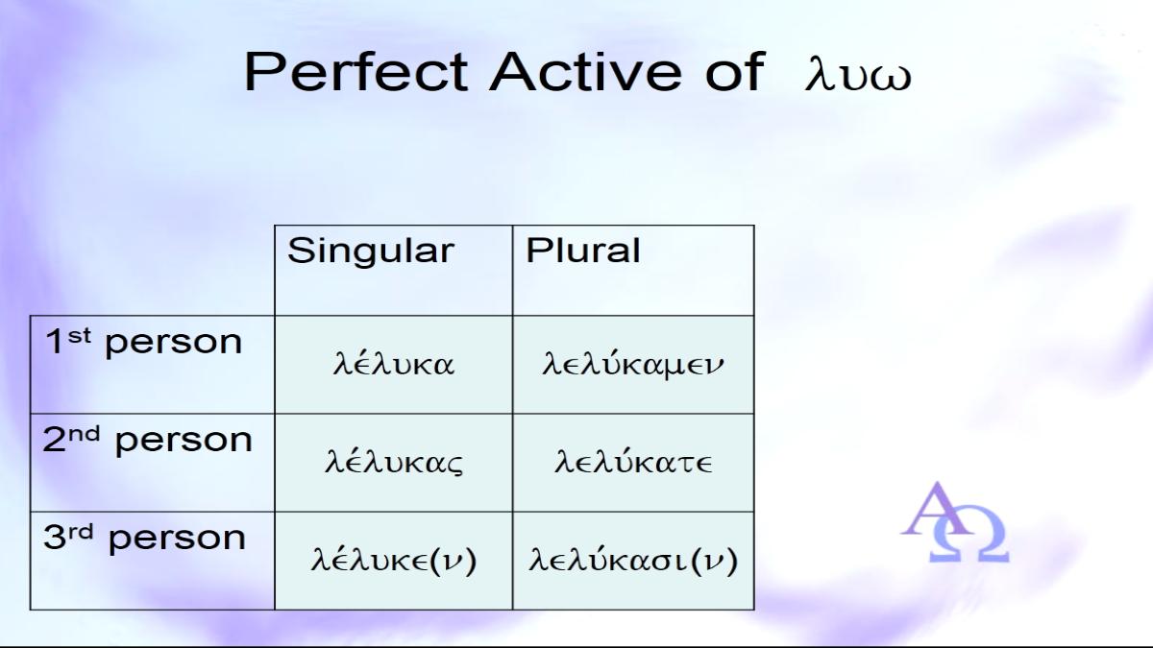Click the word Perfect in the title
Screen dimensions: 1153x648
click(x=356, y=71)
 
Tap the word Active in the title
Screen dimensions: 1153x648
click(x=586, y=71)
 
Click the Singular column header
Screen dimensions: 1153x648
click(x=371, y=251)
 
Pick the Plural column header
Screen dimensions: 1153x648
click(x=582, y=251)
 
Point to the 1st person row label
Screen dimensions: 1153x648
click(x=143, y=342)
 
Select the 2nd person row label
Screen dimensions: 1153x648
click(x=148, y=440)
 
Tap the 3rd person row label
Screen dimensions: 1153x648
click(x=145, y=538)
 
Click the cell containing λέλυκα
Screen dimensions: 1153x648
click(x=394, y=364)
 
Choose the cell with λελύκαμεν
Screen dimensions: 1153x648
click(x=633, y=364)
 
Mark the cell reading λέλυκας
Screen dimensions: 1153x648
click(x=394, y=462)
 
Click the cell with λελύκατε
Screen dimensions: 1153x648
click(x=633, y=462)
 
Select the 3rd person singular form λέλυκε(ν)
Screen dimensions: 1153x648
click(x=394, y=560)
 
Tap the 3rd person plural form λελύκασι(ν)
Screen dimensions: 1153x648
click(x=633, y=560)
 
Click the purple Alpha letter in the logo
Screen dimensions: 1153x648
click(x=937, y=509)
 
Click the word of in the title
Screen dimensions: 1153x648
click(x=734, y=71)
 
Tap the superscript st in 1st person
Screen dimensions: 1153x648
click(x=79, y=335)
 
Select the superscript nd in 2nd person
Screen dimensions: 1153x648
click(x=85, y=434)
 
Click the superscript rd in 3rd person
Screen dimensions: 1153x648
click(x=82, y=531)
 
